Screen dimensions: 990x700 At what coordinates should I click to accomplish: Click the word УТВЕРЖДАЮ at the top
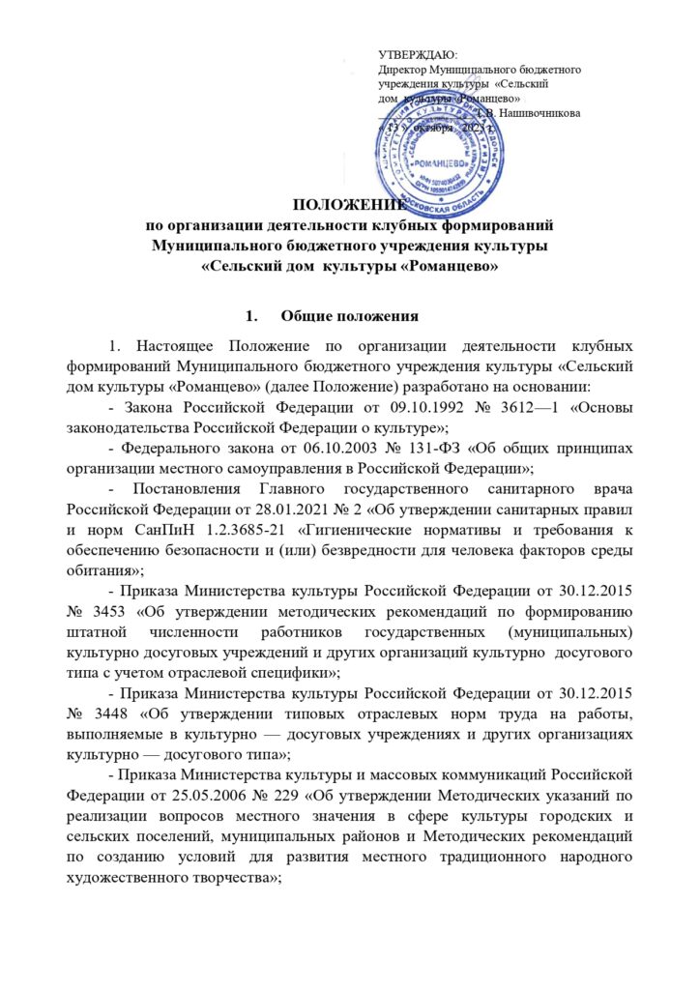click(418, 58)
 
